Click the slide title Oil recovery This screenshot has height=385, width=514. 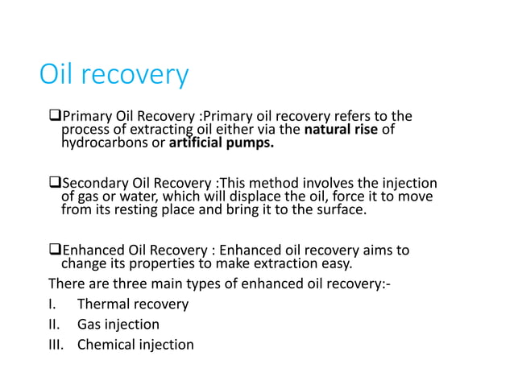114,77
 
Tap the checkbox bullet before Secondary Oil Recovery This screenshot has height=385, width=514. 54,182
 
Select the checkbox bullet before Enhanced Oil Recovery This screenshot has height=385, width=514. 54,250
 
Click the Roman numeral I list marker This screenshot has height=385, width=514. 52,304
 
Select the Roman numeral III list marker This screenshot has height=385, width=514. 56,345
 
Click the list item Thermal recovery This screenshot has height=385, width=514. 133,304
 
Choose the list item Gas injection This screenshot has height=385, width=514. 118,325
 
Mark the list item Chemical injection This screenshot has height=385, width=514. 135,345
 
